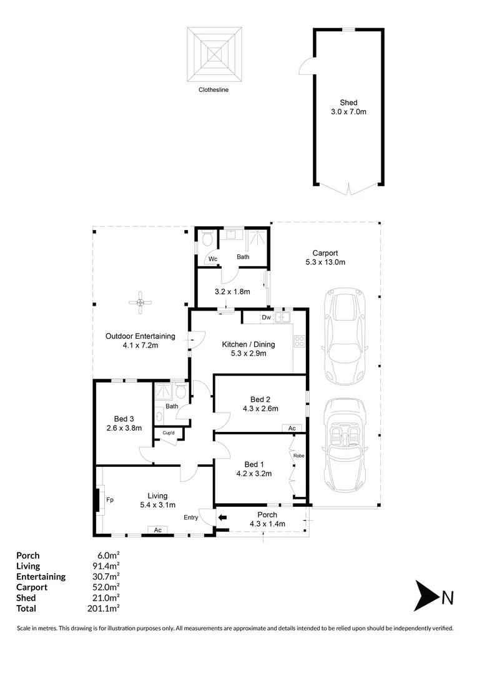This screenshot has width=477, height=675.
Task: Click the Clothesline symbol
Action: (214, 54)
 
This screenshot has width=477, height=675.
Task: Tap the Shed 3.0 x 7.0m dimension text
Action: (348, 112)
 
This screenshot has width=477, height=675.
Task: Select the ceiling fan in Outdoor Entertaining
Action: (140, 302)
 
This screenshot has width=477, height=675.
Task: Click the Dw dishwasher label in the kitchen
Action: (266, 317)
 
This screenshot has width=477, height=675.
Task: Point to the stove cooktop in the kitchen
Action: (299, 341)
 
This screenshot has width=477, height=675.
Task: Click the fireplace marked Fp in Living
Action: (97, 500)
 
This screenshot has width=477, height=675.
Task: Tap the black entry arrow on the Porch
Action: (222, 518)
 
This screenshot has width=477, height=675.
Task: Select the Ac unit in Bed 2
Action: (292, 428)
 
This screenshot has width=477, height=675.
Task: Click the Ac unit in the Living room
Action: (158, 530)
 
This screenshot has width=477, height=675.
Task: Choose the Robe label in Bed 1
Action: (298, 456)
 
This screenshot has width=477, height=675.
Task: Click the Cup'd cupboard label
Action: (169, 432)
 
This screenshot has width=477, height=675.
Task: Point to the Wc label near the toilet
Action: (213, 259)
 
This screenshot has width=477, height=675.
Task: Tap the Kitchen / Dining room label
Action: (248, 344)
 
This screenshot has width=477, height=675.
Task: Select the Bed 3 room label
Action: (124, 419)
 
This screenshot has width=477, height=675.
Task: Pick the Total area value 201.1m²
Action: (103, 608)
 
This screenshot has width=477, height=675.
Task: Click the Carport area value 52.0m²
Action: (106, 587)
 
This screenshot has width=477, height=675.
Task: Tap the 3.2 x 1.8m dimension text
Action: (232, 291)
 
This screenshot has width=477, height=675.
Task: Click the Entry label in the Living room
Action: (191, 517)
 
